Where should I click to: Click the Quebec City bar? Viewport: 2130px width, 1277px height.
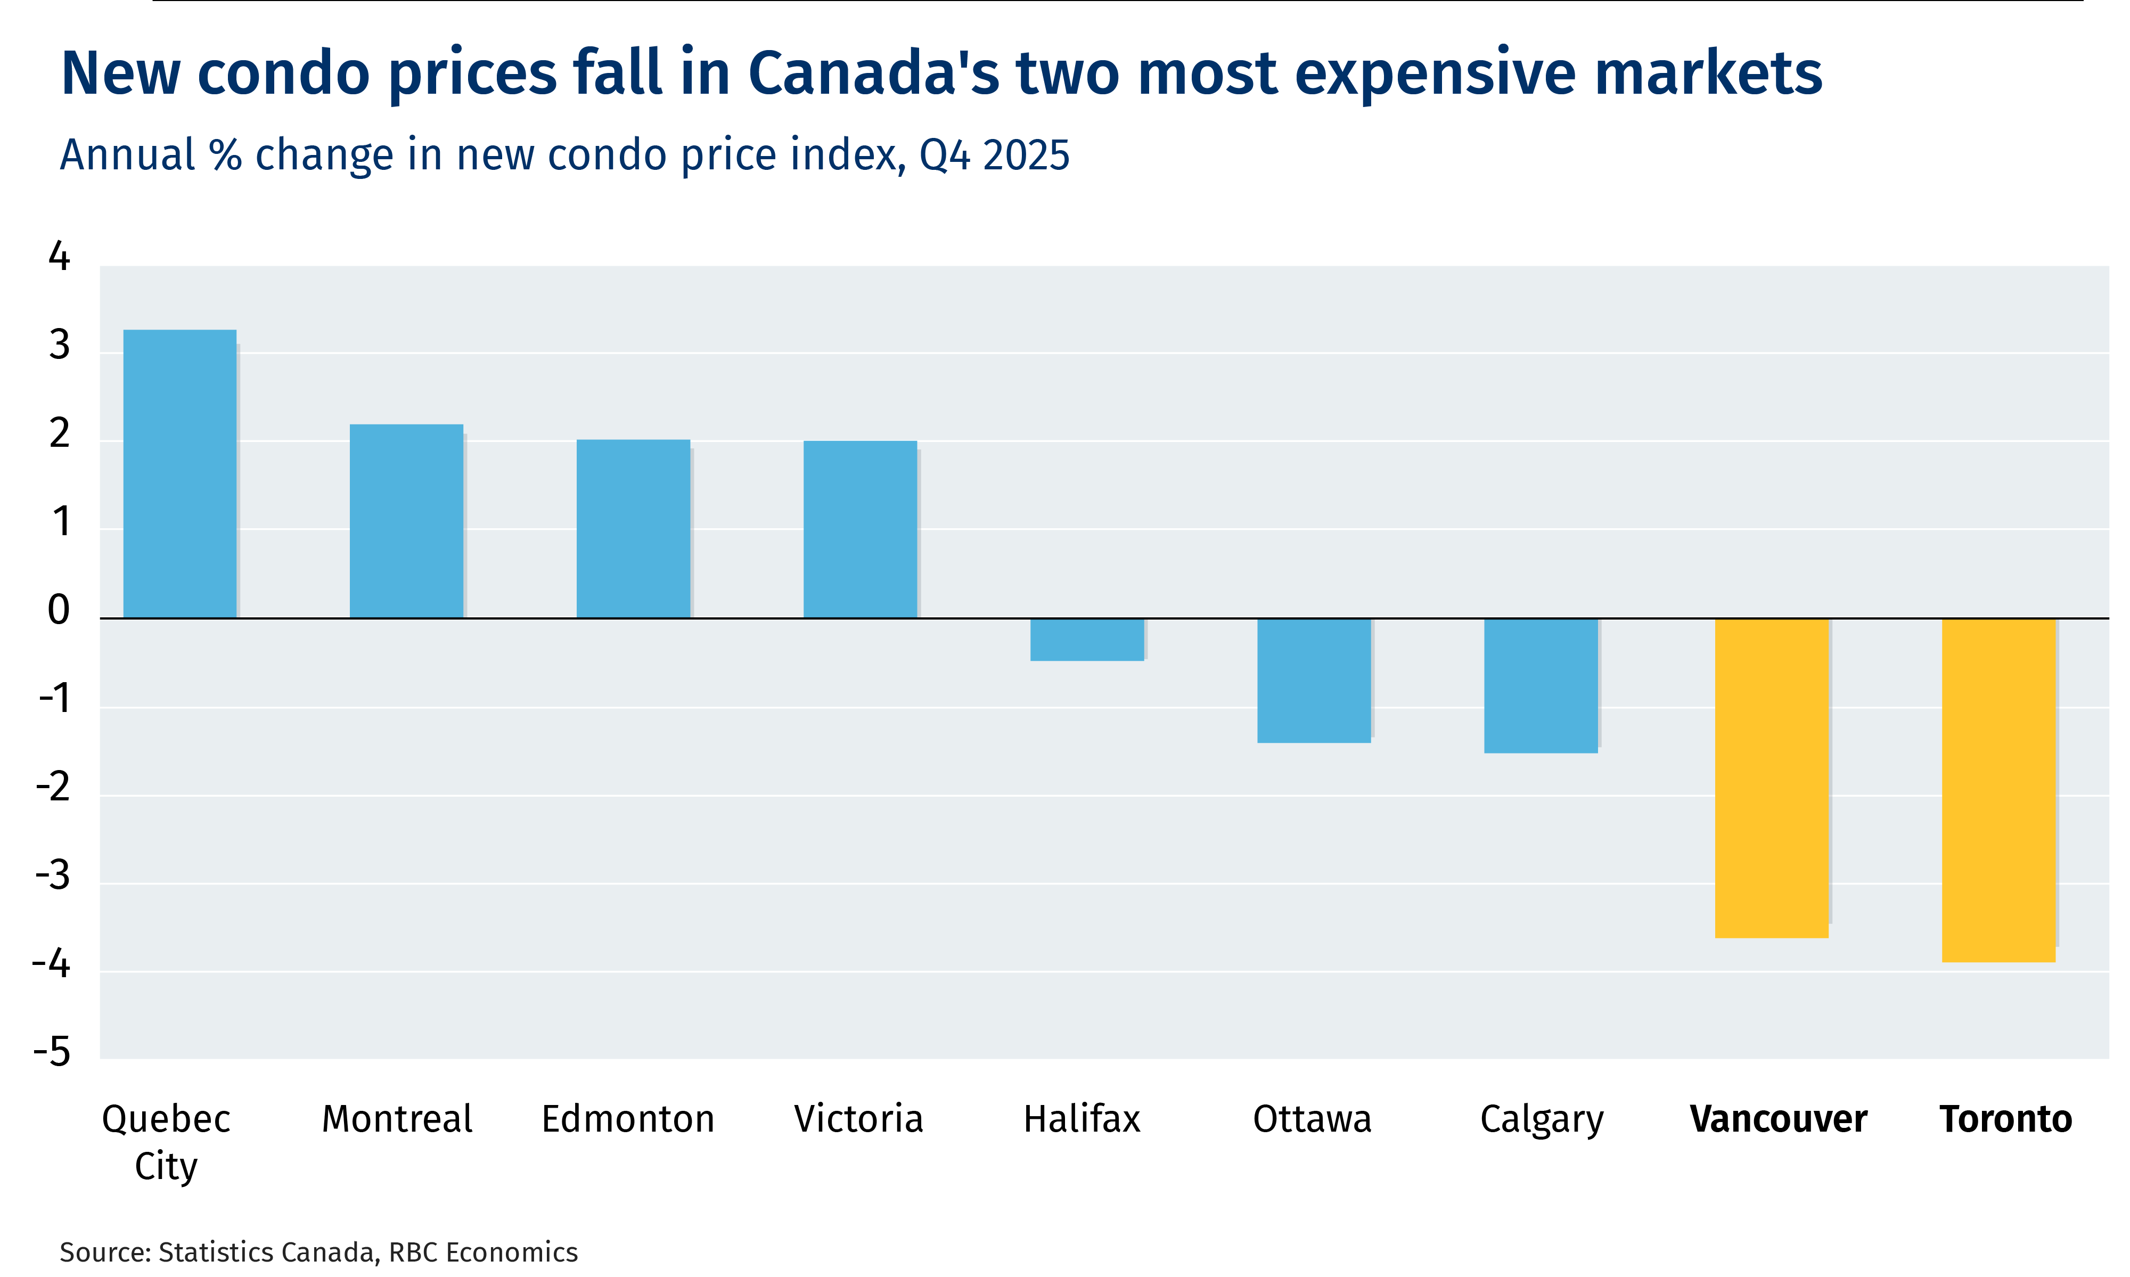[x=180, y=473]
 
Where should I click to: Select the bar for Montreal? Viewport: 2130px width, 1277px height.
[x=406, y=521]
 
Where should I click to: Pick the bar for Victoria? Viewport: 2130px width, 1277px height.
[x=861, y=529]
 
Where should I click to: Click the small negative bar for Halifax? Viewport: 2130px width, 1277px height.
[x=1087, y=640]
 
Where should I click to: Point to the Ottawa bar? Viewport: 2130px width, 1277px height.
[x=1314, y=680]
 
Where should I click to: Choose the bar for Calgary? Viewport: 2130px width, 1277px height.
[x=1541, y=685]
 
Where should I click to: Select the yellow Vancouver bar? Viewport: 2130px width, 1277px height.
[x=1771, y=778]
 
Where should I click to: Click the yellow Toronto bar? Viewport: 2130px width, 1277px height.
[x=1998, y=790]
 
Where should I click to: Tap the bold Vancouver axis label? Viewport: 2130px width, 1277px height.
[x=1778, y=1119]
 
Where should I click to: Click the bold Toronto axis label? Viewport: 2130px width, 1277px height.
[x=2005, y=1119]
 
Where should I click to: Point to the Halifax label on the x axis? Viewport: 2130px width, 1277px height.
[x=1082, y=1119]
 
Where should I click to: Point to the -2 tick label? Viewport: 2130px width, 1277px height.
[x=53, y=787]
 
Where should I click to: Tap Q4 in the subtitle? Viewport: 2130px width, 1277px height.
[x=945, y=155]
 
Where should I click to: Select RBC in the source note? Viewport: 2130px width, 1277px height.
[x=414, y=1252]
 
